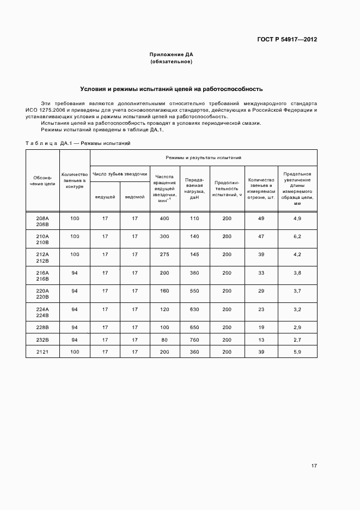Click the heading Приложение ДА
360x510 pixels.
click(x=172, y=54)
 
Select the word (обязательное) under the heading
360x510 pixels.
click(x=172, y=62)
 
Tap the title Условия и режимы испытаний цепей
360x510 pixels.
click(x=172, y=88)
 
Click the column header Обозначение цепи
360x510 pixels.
click(x=42, y=180)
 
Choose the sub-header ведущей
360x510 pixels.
click(x=105, y=196)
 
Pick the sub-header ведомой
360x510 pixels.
click(x=135, y=196)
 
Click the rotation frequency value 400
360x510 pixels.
click(x=164, y=218)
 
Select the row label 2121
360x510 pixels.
click(x=42, y=353)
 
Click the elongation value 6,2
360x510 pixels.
click(x=297, y=236)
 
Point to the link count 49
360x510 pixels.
click(x=261, y=218)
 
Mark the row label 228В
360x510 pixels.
click(x=42, y=327)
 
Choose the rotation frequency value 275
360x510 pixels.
click(x=164, y=254)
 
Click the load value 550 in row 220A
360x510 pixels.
click(x=194, y=292)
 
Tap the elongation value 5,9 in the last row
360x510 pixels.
click(x=297, y=353)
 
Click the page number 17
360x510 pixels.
click(x=314, y=466)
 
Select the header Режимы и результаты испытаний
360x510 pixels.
click(x=204, y=157)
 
